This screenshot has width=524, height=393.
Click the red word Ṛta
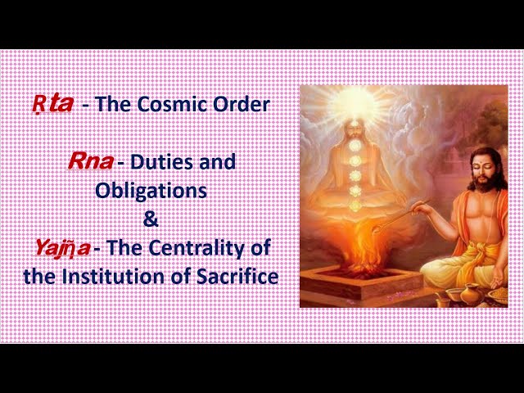tap(52, 104)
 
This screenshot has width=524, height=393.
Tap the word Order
tap(242, 104)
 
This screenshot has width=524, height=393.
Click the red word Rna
tap(91, 162)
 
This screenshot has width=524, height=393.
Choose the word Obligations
tap(151, 191)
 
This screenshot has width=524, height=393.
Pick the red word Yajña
tap(63, 248)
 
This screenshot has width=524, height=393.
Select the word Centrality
tap(195, 248)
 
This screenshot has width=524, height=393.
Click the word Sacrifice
tap(237, 277)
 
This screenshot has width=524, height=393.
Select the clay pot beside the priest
tap(472, 294)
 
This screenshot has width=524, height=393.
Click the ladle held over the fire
tap(401, 216)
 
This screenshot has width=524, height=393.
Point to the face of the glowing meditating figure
tap(355, 129)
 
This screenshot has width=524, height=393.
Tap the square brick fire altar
tap(361, 282)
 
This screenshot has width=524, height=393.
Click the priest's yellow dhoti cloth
tap(468, 264)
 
